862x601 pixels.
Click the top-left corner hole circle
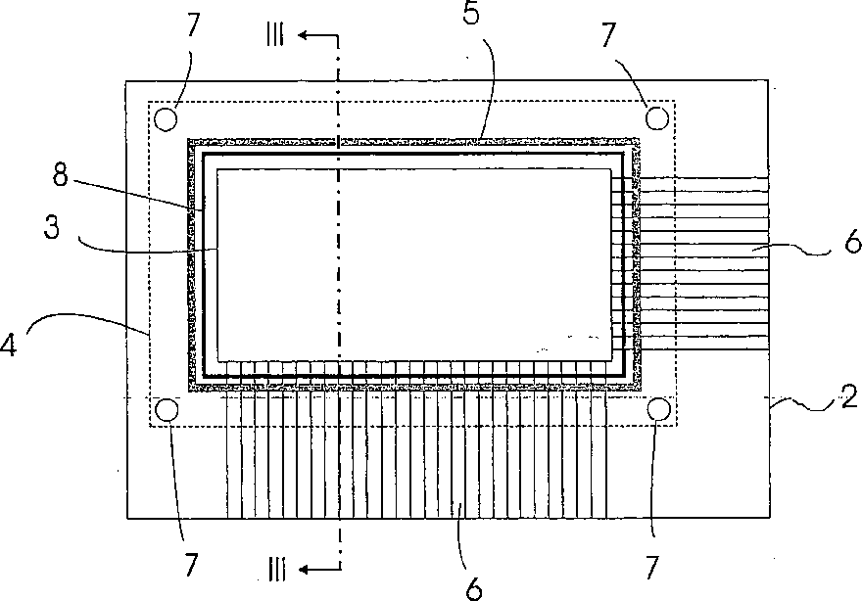coord(166,118)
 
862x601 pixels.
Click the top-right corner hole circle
coord(657,118)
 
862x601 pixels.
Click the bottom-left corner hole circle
coord(166,409)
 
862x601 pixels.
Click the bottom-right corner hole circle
coord(657,409)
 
